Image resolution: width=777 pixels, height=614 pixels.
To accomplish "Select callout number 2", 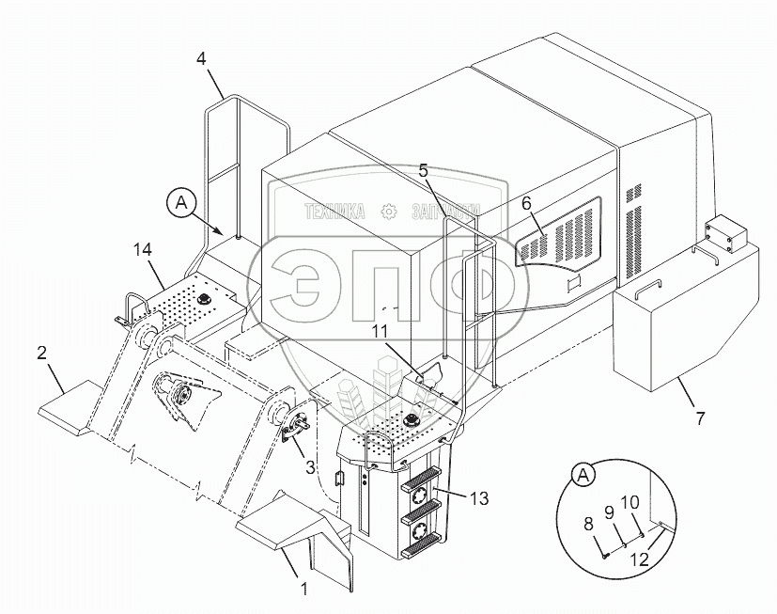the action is click(x=41, y=354).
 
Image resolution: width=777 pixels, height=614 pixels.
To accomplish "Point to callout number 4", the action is click(x=201, y=58).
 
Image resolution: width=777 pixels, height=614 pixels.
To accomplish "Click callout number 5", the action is click(x=424, y=170).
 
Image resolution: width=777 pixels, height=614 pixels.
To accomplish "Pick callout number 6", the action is click(x=526, y=202).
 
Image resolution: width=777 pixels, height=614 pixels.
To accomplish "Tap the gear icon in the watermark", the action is click(x=388, y=213).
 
